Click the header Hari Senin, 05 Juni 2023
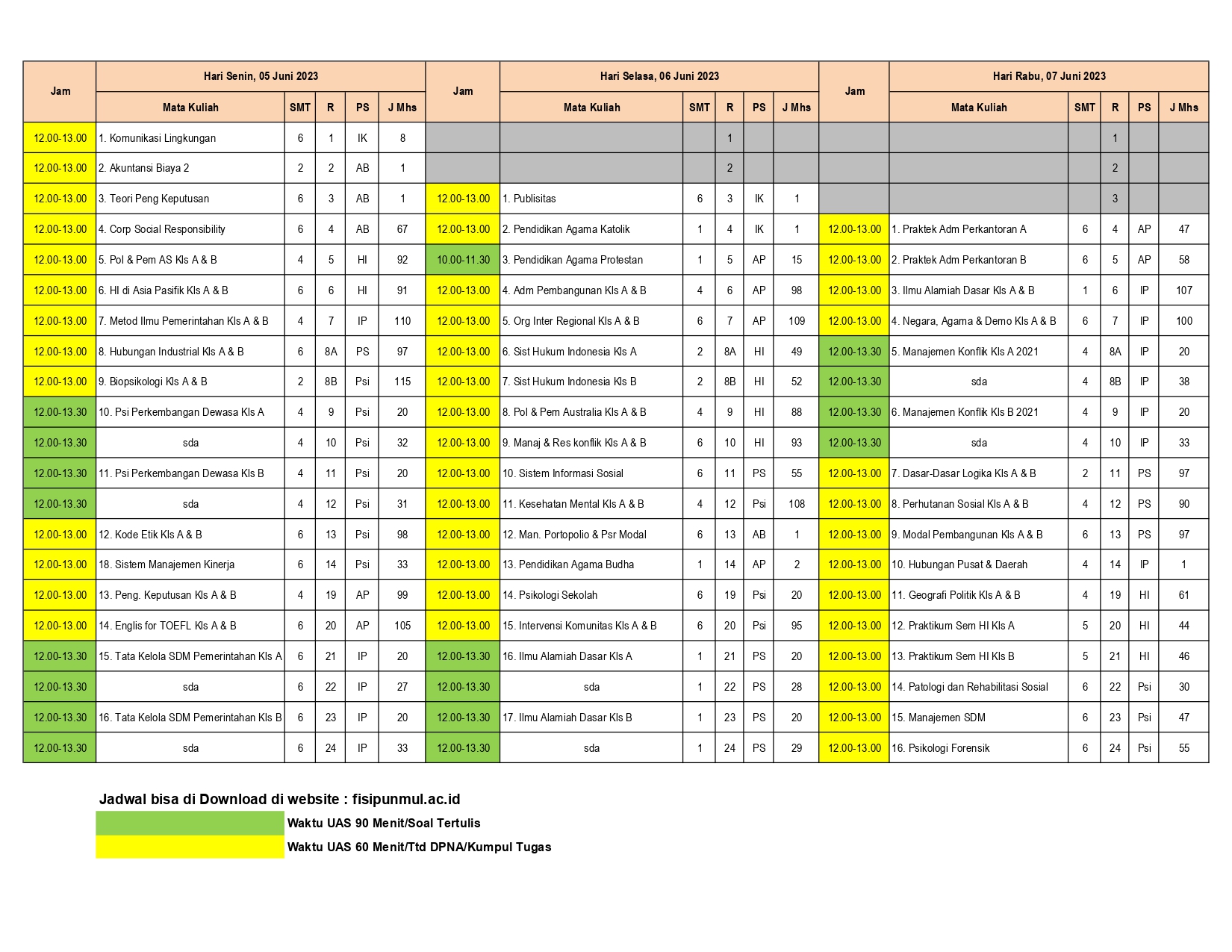click(261, 76)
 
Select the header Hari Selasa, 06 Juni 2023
click(659, 76)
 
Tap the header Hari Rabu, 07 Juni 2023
click(1048, 76)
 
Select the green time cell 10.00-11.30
click(463, 260)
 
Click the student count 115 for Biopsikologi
click(402, 382)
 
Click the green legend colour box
click(190, 823)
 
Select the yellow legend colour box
click(190, 847)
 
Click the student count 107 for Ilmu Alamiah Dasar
click(1183, 290)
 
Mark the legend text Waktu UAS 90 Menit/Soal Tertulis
click(384, 823)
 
